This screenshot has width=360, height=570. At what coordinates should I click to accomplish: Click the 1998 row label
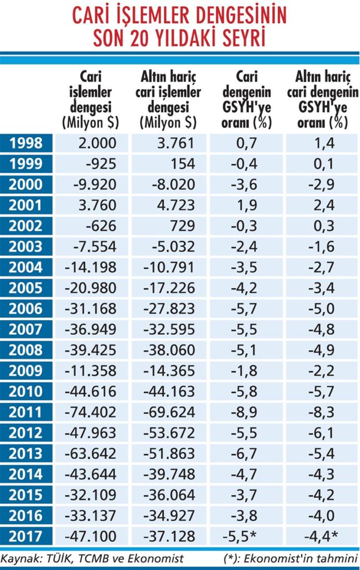point(26,143)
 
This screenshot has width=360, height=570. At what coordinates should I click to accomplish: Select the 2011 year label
point(26,412)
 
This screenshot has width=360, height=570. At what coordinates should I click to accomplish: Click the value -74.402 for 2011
point(90,412)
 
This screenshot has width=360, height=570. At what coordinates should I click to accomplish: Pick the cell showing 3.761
point(176,143)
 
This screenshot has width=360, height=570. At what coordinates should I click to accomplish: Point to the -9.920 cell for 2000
point(95,185)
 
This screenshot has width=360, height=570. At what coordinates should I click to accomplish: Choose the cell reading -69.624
point(169,412)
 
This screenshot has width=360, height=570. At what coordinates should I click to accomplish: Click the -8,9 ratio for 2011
point(244,412)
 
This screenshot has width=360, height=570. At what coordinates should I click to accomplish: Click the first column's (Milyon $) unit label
point(90,123)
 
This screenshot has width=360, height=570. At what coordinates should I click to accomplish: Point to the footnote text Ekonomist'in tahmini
point(300,558)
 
